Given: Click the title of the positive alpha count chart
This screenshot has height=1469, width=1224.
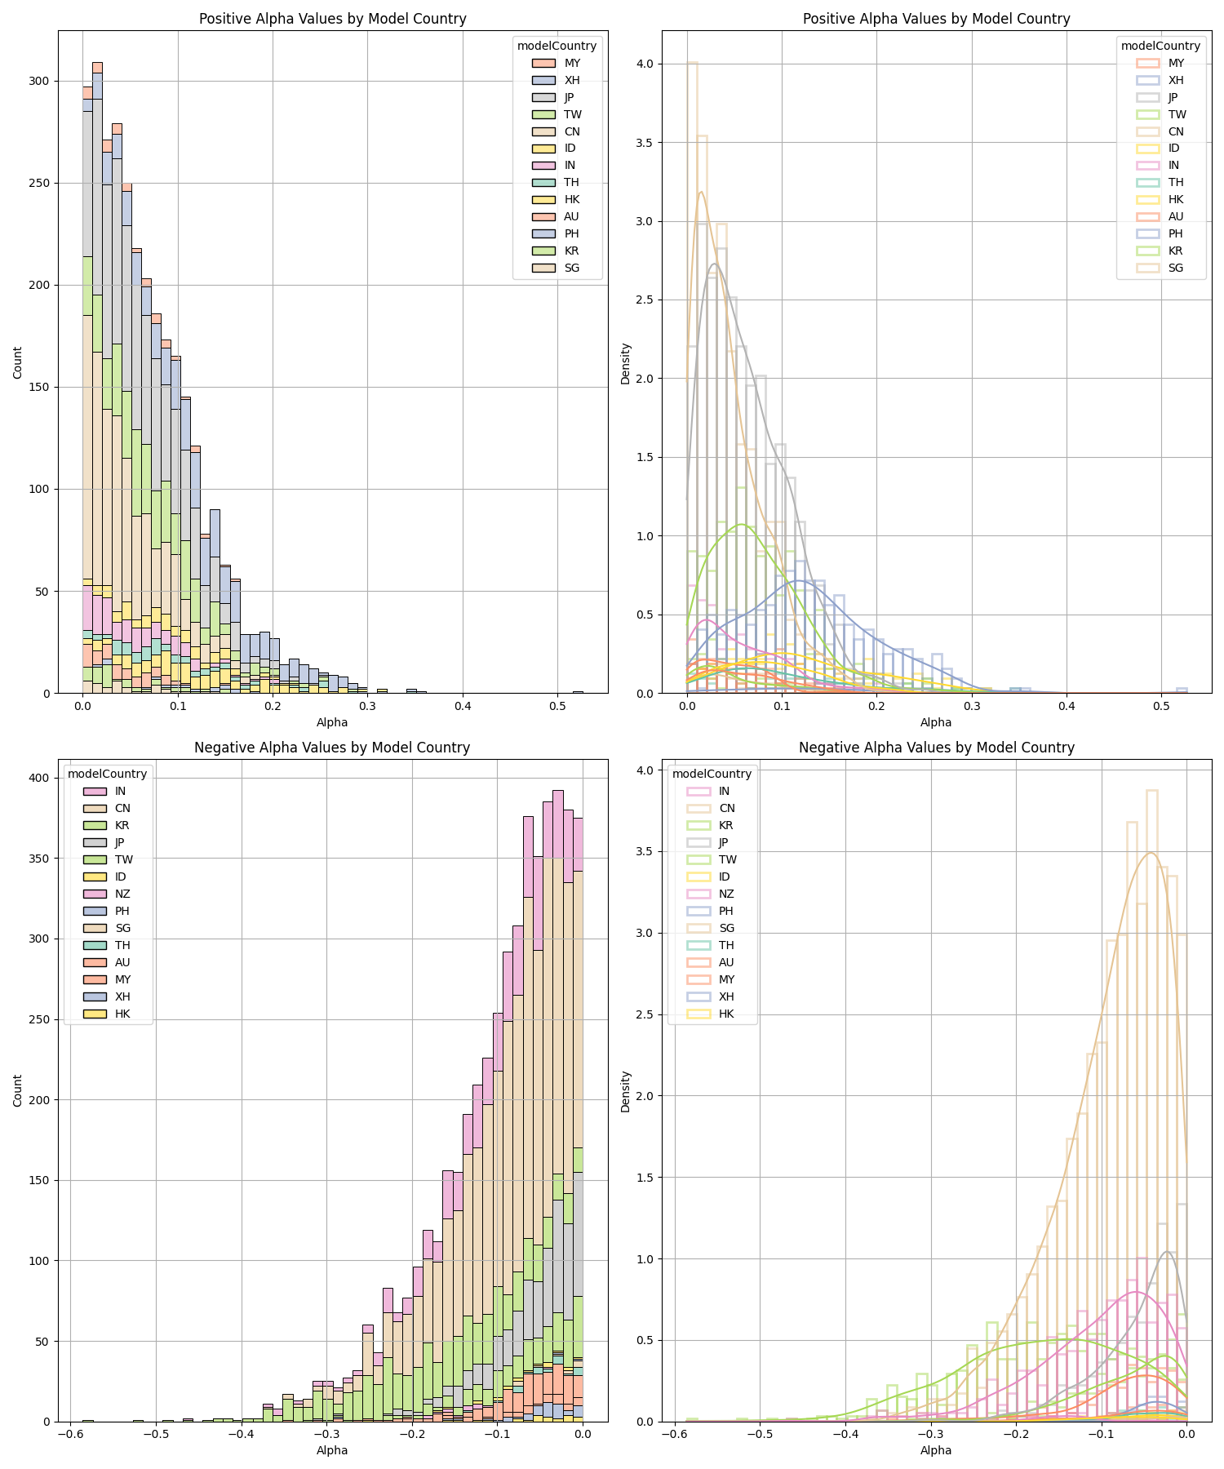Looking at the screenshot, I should (x=332, y=19).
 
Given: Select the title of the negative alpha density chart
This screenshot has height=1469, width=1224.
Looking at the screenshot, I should (x=936, y=748).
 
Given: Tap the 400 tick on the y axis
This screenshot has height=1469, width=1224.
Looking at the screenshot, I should (x=40, y=778).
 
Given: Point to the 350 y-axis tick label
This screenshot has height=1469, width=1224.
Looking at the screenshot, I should (x=40, y=859).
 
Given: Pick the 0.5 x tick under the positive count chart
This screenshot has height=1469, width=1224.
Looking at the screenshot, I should (x=557, y=706).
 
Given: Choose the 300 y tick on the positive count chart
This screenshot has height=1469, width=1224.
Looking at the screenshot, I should (x=40, y=81).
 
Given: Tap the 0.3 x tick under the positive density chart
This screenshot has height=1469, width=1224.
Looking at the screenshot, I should (x=971, y=706).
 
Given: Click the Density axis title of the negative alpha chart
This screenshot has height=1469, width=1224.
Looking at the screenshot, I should (x=626, y=1091).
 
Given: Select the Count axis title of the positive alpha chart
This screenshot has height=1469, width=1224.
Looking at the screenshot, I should (x=18, y=362).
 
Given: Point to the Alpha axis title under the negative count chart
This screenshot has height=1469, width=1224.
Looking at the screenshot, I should (x=332, y=1450).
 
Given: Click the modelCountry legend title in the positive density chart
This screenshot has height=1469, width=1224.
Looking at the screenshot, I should (x=1160, y=46).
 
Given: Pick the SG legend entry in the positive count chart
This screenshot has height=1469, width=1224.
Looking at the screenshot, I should (x=572, y=268).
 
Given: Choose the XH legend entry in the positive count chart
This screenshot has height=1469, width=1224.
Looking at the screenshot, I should (x=572, y=80).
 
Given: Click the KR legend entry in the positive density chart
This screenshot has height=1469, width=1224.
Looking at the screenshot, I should (x=1176, y=251).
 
